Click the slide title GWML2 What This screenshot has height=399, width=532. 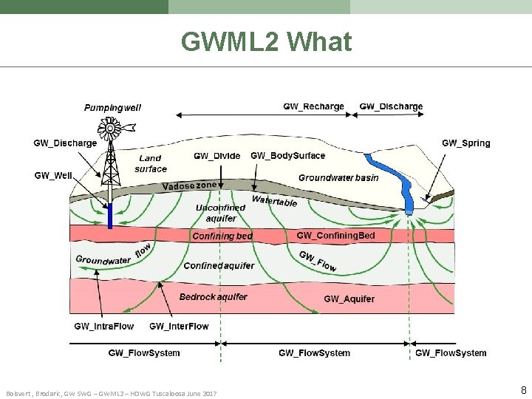[266, 43]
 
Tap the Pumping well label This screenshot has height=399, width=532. [112, 107]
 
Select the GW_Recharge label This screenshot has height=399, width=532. [313, 106]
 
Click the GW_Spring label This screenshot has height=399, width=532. [465, 143]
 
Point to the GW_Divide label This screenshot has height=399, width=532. [216, 156]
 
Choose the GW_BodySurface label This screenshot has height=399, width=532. [287, 156]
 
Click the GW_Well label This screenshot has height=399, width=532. [53, 175]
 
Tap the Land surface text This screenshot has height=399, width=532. [151, 163]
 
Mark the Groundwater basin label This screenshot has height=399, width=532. [338, 177]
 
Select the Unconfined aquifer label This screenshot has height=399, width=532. [220, 213]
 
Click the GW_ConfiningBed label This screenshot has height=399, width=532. [335, 236]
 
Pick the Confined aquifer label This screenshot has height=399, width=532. [219, 265]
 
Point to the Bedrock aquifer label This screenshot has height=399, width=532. [213, 297]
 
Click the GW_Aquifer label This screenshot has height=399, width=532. [349, 299]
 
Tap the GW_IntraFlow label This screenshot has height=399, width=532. [104, 326]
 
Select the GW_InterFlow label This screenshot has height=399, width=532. [179, 326]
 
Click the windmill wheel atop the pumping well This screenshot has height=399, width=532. [110, 129]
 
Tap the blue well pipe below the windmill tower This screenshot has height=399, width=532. [110, 216]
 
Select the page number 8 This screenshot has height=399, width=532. [523, 389]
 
